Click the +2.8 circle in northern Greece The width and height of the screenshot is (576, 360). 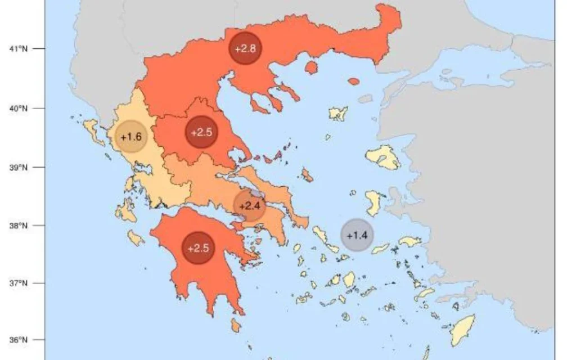point(245,48)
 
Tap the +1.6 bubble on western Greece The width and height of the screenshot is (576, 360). point(130,137)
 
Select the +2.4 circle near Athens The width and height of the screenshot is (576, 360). point(249,205)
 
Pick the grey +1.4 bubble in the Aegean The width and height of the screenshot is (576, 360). point(357,235)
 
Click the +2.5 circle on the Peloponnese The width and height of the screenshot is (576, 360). point(198,248)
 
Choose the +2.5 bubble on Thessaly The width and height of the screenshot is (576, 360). point(201,133)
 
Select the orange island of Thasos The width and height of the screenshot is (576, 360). point(310,68)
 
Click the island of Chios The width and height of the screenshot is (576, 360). point(373,202)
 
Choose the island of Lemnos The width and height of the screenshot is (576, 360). point(339,114)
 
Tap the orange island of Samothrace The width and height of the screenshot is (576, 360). point(353,82)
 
